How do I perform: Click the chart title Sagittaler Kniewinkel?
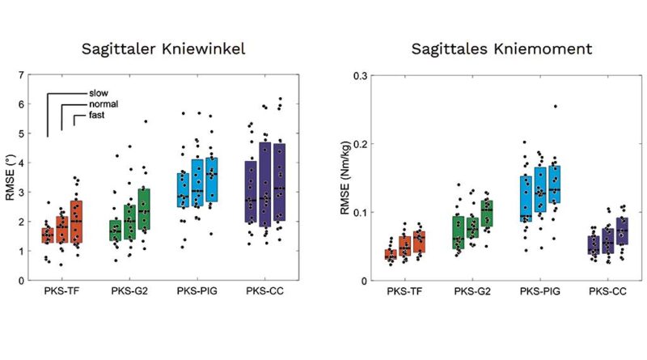[x=163, y=49]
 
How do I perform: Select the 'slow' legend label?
[x=98, y=93]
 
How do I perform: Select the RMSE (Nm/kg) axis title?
[x=345, y=177]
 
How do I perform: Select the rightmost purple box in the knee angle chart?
[x=279, y=181]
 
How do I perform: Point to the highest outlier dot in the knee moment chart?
[x=555, y=106]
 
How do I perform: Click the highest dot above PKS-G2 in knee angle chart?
[x=146, y=122]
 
